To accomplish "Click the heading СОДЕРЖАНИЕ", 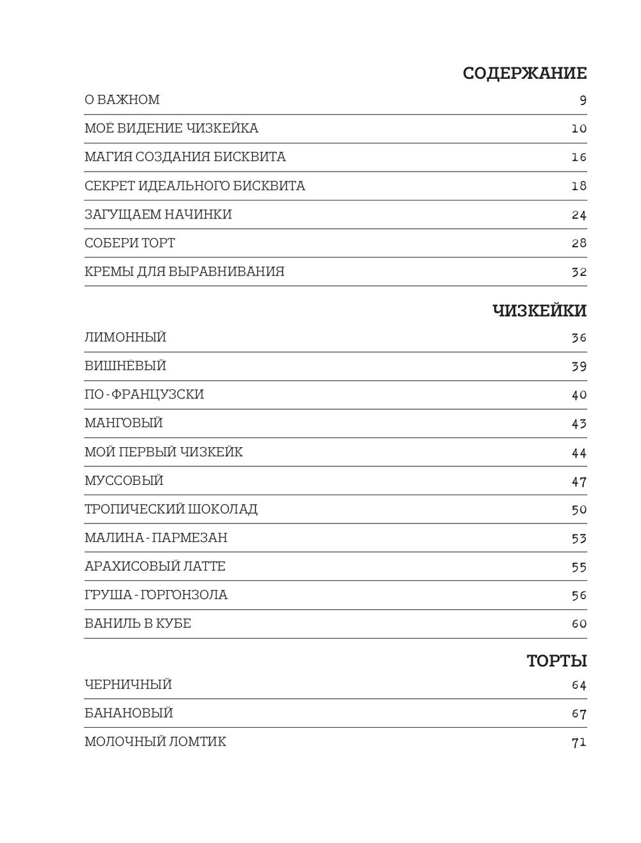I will pos(524,74).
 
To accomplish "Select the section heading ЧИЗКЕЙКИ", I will pos(539,311).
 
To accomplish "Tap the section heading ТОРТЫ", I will pos(556,660).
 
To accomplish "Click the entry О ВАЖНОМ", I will pos(122,100).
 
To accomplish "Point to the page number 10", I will pos(579,129).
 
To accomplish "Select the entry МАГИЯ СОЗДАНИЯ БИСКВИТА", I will pos(185,157).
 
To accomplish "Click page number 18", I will pos(579,186).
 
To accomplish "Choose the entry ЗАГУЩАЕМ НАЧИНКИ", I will pos(158,215).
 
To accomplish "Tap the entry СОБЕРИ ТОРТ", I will pos(129,243).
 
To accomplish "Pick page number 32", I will pos(579,272).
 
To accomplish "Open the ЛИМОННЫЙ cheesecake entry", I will pos(125,338).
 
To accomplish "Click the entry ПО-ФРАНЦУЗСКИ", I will pos(144,395).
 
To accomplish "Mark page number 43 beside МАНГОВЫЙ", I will pos(579,424).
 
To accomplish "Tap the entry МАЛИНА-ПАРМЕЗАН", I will pos(156,538).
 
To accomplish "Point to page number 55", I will pos(579,568).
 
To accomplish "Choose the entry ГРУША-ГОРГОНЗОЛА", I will pos(156,595).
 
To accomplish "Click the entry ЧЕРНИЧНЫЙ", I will pos(128,685).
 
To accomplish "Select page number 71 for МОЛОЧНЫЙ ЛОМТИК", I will pos(579,743).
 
